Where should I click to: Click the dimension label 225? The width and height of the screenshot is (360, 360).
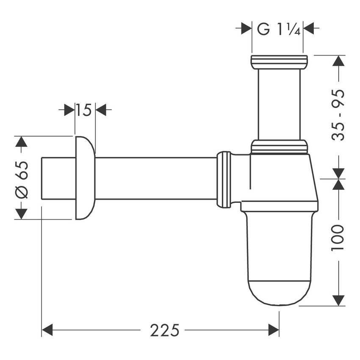pos(164,330)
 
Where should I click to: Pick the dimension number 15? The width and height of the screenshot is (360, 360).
pos(85,111)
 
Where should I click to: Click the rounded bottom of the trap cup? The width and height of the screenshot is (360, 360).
pos(280,292)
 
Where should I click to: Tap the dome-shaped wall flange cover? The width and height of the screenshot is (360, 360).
pos(85,178)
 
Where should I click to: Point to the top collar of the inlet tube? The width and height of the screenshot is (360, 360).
pos(278,62)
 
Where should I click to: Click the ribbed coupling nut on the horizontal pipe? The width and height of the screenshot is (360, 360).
pos(224,179)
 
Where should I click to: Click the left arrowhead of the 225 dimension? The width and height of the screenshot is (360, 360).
pos(47,330)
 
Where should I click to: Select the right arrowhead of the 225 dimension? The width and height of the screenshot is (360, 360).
pos(273,330)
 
